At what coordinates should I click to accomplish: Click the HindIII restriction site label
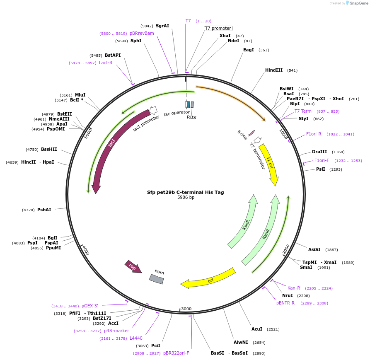(x=273, y=70)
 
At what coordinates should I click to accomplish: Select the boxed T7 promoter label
(x=218, y=29)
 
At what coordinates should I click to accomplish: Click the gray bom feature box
(x=157, y=279)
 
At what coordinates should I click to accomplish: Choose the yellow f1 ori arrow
(x=269, y=164)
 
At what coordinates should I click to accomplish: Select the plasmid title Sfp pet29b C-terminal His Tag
(x=185, y=192)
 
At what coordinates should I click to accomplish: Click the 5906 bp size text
(x=186, y=198)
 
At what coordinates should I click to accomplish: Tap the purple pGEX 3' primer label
(x=90, y=306)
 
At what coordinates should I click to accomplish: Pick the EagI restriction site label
(x=249, y=50)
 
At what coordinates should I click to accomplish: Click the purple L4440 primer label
(x=136, y=338)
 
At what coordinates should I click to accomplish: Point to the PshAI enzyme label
(x=44, y=210)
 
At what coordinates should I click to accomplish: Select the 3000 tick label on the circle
(x=186, y=309)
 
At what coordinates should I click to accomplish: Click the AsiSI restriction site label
(x=314, y=249)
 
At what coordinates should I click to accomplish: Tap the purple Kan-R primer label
(x=294, y=288)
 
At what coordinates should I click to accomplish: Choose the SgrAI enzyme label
(x=162, y=26)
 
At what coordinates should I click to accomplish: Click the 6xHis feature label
(x=242, y=135)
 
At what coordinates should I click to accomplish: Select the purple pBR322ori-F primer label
(x=176, y=353)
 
